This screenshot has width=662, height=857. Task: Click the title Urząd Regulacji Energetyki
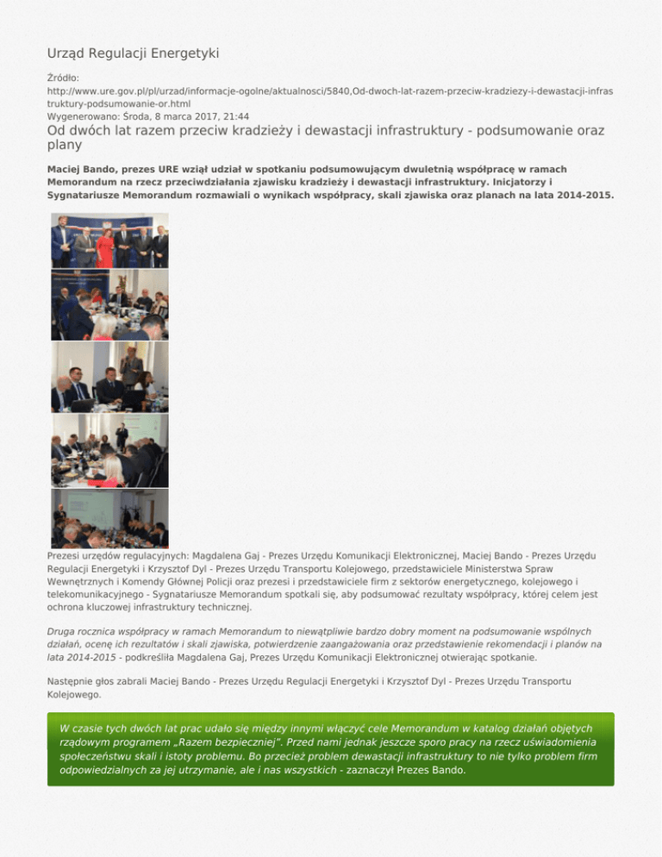[x=133, y=53]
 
